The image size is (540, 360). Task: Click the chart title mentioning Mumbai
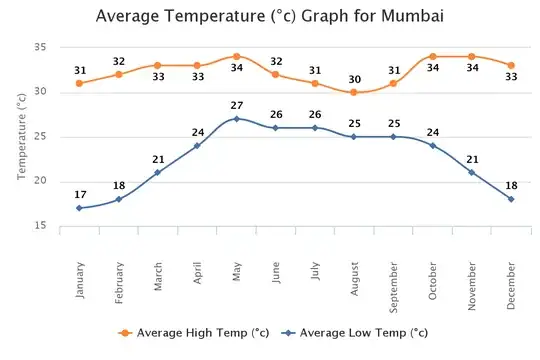pyautogui.click(x=269, y=17)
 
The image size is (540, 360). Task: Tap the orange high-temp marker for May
pyautogui.click(x=236, y=56)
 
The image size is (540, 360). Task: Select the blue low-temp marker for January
pyautogui.click(x=79, y=208)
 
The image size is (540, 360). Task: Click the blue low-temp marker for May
pyautogui.click(x=236, y=119)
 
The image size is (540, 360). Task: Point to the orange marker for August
pyautogui.click(x=354, y=92)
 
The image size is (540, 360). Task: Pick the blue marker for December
pyautogui.click(x=511, y=199)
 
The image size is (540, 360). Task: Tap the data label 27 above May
pyautogui.click(x=236, y=105)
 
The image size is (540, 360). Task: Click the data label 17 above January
pyautogui.click(x=79, y=194)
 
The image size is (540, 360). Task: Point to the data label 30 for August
pyautogui.click(x=354, y=79)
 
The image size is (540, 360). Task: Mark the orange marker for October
pyautogui.click(x=432, y=56)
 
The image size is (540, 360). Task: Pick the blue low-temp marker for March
pyautogui.click(x=157, y=172)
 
